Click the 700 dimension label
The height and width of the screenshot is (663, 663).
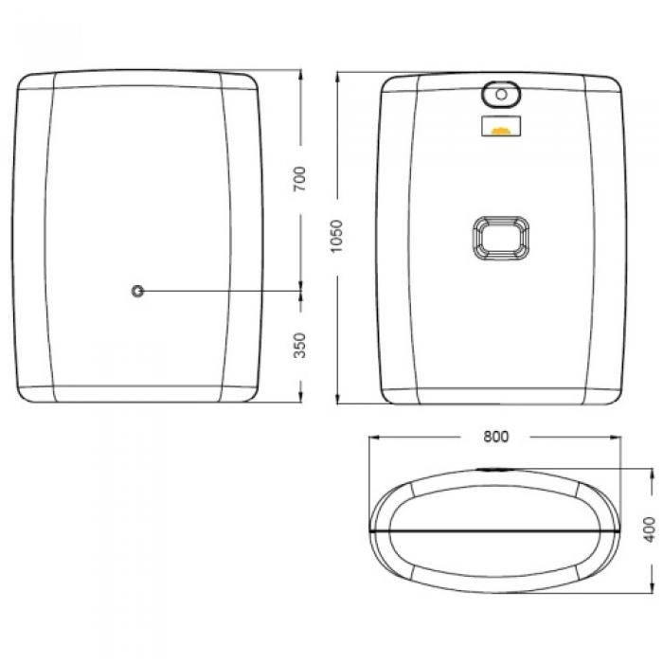click(x=299, y=179)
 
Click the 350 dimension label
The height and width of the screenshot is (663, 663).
click(x=299, y=346)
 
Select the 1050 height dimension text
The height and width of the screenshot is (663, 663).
click(x=336, y=237)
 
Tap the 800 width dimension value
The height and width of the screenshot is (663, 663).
click(x=496, y=437)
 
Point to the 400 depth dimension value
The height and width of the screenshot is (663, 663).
click(x=649, y=529)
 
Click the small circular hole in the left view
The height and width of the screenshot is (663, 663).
click(x=137, y=291)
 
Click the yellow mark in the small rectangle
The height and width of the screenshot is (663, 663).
click(x=501, y=131)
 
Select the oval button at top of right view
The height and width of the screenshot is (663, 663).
click(x=501, y=95)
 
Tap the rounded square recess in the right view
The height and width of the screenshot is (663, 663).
click(x=501, y=237)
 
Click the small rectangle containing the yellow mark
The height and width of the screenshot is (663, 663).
click(x=501, y=126)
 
